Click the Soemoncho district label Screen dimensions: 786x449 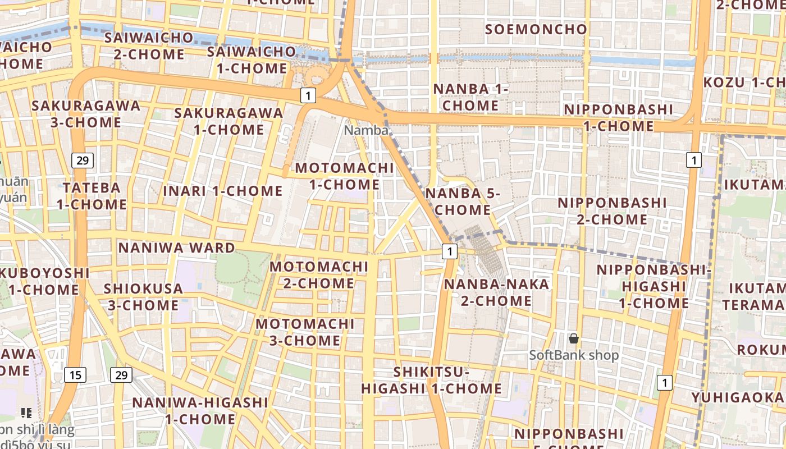[x=536, y=29]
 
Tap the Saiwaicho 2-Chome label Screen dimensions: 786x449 [x=149, y=46]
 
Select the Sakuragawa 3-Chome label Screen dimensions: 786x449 [x=86, y=114]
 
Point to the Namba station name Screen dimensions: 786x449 [x=366, y=130]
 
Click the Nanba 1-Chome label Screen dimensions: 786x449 [x=470, y=97]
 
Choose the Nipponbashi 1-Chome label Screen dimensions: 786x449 [x=618, y=118]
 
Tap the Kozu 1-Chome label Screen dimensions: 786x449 [x=744, y=83]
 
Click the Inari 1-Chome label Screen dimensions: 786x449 [x=223, y=191]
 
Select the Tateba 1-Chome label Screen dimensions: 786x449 [x=92, y=196]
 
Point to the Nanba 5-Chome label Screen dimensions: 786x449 [x=463, y=201]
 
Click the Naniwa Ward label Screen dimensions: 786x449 [x=176, y=248]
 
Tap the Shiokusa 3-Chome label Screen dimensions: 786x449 [x=143, y=297]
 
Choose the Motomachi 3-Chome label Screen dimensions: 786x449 [x=305, y=332]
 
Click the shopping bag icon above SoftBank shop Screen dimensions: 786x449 [x=573, y=338]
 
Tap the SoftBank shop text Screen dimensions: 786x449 [x=574, y=355]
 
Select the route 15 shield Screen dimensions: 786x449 [x=75, y=374]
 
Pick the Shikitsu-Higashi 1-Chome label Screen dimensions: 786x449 [x=431, y=380]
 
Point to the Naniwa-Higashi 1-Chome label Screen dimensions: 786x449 [x=200, y=410]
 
